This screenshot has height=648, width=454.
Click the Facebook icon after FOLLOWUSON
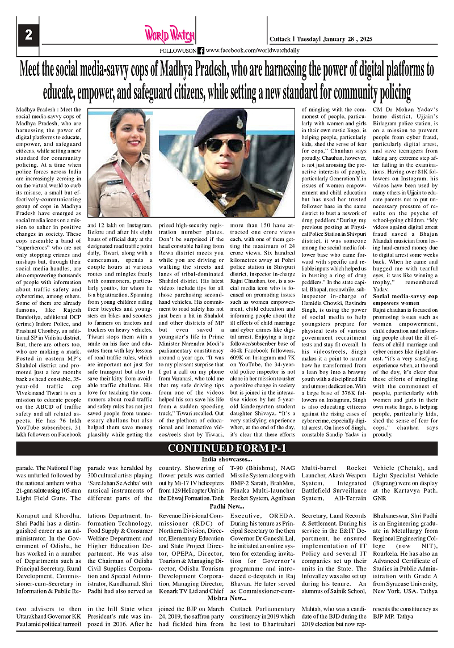(x=201, y=50)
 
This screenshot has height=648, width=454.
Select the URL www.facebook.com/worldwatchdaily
(x=245, y=50)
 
